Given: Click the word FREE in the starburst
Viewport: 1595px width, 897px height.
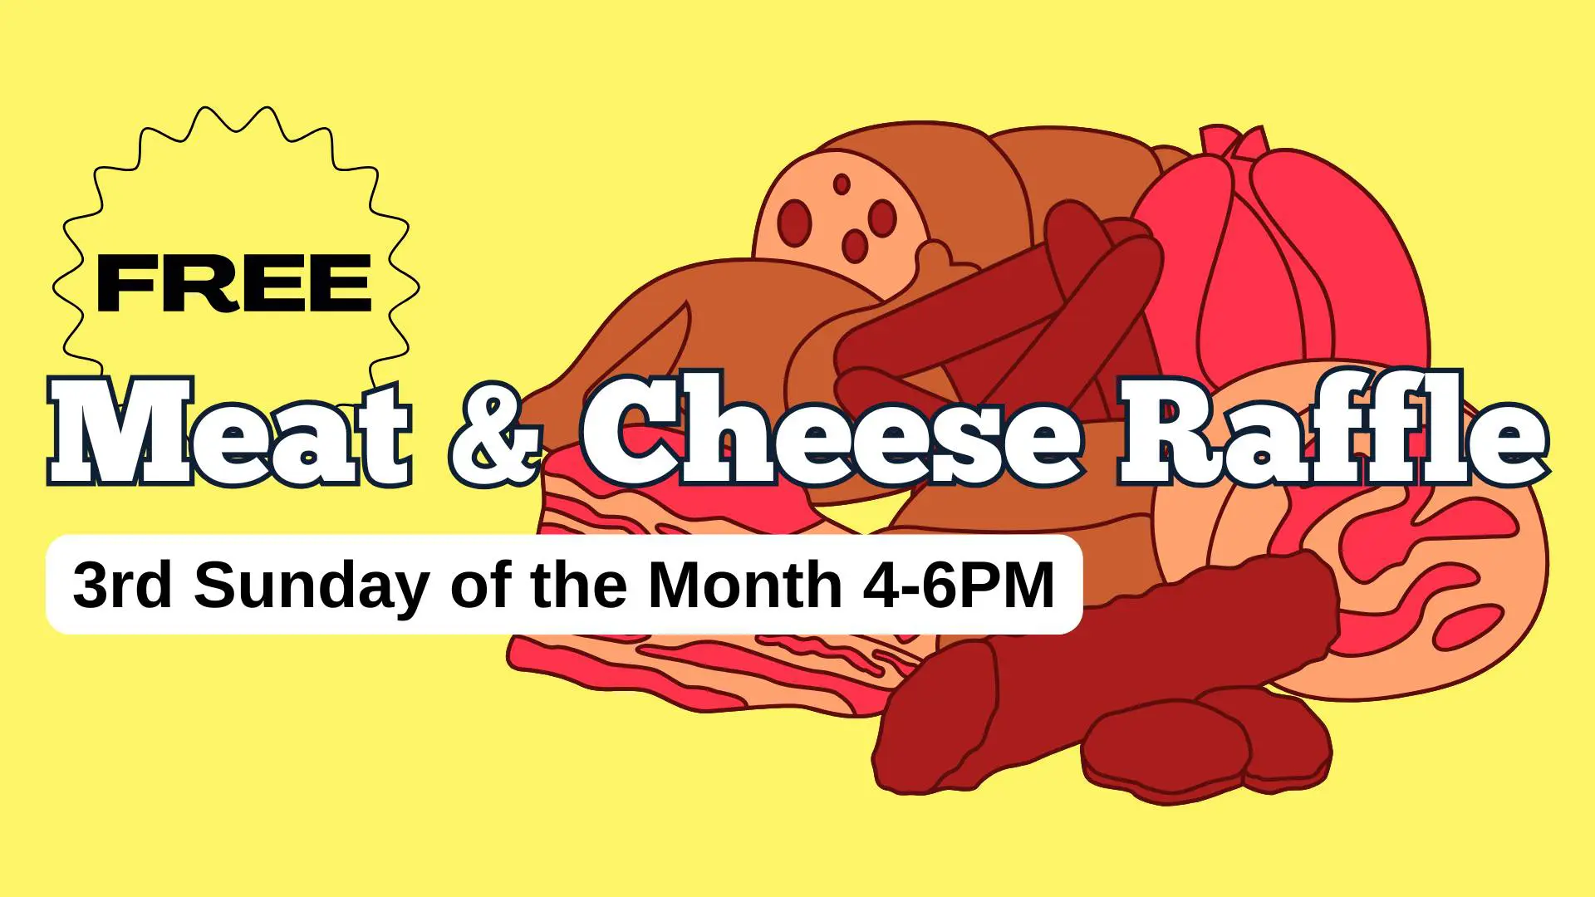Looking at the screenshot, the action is [x=234, y=283].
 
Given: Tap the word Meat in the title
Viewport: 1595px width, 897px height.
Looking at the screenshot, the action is [x=230, y=431].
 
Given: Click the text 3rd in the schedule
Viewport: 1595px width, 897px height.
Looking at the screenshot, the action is [x=123, y=585].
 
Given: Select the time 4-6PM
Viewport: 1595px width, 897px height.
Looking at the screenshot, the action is [x=959, y=585].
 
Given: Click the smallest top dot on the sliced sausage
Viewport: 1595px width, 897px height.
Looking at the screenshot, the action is [x=842, y=184].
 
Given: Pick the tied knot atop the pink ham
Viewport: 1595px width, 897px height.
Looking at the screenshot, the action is [x=1232, y=143].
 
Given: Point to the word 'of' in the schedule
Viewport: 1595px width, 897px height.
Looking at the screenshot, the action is [x=481, y=585].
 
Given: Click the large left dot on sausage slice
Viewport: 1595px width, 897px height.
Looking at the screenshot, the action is [x=794, y=222].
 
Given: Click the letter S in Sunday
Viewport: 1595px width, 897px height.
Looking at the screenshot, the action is [x=215, y=585].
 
